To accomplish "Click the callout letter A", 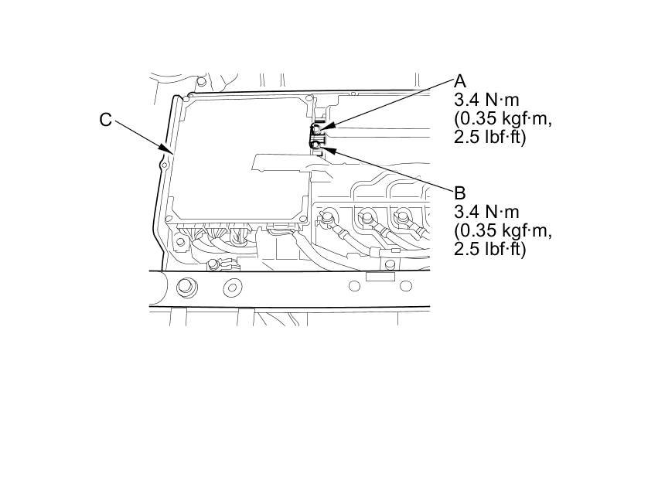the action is (x=460, y=81).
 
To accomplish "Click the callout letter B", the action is (x=460, y=192).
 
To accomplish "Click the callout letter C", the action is (x=106, y=120).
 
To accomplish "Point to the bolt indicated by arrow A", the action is (x=316, y=129).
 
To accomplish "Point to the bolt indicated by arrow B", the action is (x=316, y=145).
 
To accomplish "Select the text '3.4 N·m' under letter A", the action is (x=486, y=100).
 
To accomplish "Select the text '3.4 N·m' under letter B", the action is (x=486, y=212).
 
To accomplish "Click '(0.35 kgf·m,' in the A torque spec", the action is (x=503, y=120).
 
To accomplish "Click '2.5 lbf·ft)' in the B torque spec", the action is (x=489, y=249).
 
